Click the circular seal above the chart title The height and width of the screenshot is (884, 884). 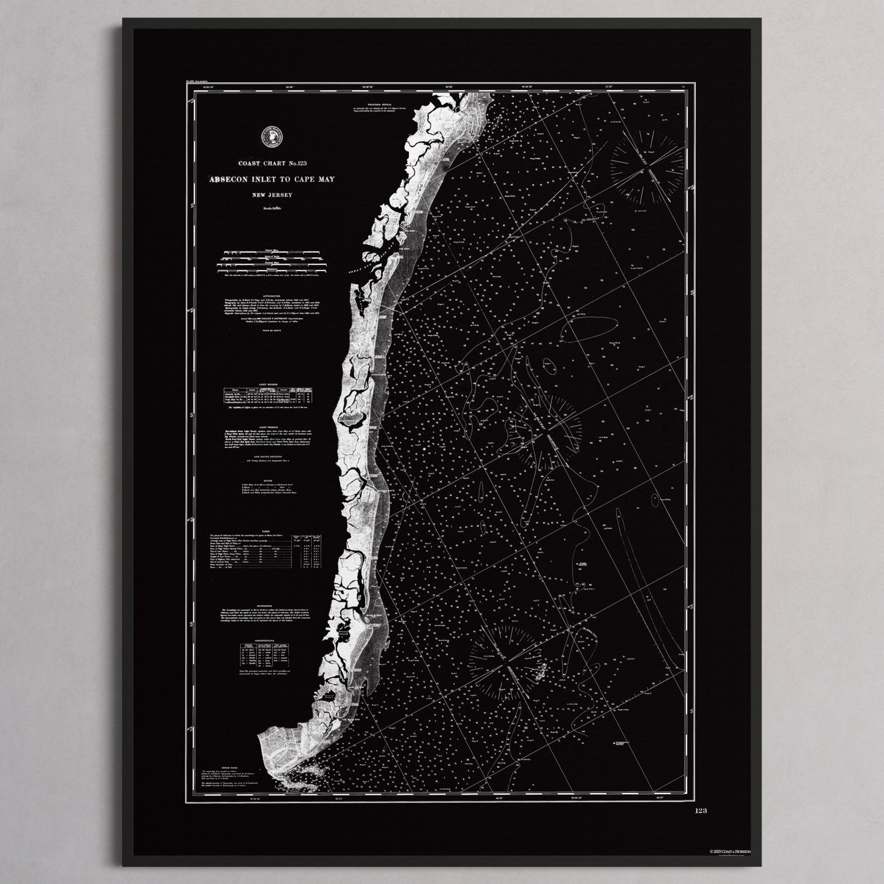(x=269, y=137)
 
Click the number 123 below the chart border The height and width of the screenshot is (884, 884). (x=701, y=811)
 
